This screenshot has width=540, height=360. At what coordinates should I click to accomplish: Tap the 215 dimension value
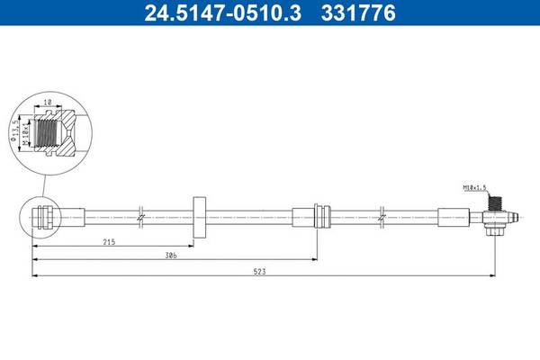[109, 242]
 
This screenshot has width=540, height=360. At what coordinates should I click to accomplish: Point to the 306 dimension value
[170, 256]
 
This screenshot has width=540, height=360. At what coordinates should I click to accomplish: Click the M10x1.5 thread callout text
[473, 188]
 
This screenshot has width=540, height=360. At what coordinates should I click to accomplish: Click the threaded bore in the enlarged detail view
[57, 131]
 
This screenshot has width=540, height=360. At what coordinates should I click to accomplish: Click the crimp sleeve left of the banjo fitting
[454, 216]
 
